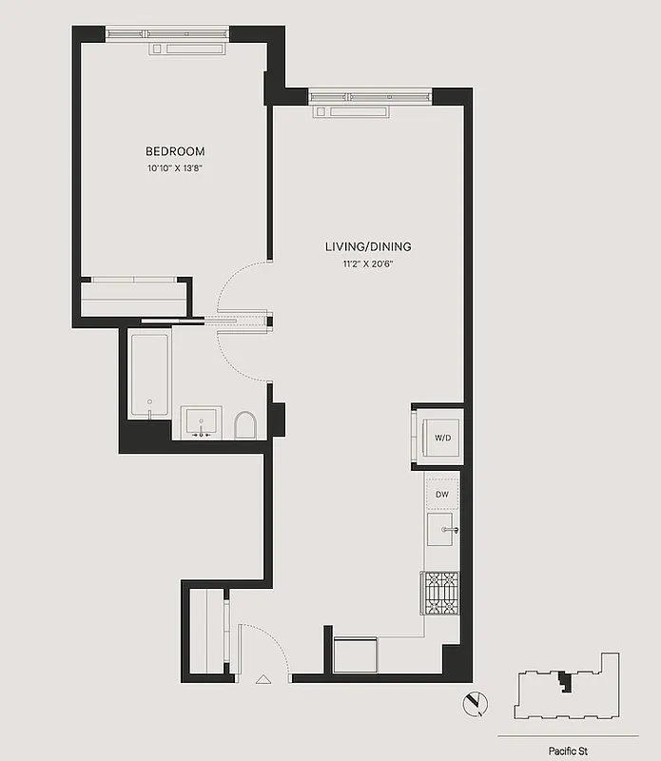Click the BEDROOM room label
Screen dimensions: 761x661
click(174, 151)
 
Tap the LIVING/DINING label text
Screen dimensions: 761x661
click(367, 247)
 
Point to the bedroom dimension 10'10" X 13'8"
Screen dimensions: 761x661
click(174, 169)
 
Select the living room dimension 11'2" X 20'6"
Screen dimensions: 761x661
click(367, 264)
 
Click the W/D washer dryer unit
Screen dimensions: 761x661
click(441, 439)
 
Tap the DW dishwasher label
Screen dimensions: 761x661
click(442, 495)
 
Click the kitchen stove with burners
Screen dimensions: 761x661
click(440, 593)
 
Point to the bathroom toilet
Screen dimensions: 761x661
click(244, 425)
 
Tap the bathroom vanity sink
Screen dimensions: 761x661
click(201, 422)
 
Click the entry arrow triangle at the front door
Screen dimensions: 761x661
click(263, 679)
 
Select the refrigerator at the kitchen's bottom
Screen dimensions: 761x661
click(355, 654)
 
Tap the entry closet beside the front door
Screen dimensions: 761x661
click(207, 631)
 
